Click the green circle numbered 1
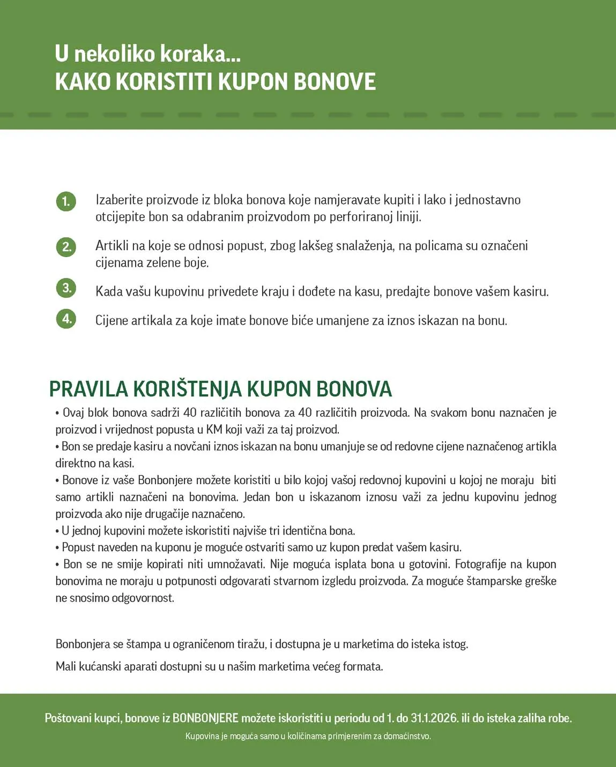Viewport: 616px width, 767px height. coord(66,201)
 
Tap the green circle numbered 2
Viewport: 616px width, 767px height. coord(66,247)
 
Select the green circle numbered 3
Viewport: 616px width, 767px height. coord(66,288)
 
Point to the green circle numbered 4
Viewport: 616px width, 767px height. coord(66,319)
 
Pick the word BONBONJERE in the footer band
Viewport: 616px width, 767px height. coord(205,718)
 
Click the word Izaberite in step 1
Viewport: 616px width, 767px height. coord(119,200)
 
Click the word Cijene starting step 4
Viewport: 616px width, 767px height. coord(112,321)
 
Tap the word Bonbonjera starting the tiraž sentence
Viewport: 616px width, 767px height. coord(83,644)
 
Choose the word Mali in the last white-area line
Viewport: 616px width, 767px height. coord(65,667)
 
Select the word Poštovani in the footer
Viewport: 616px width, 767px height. coord(68,718)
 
